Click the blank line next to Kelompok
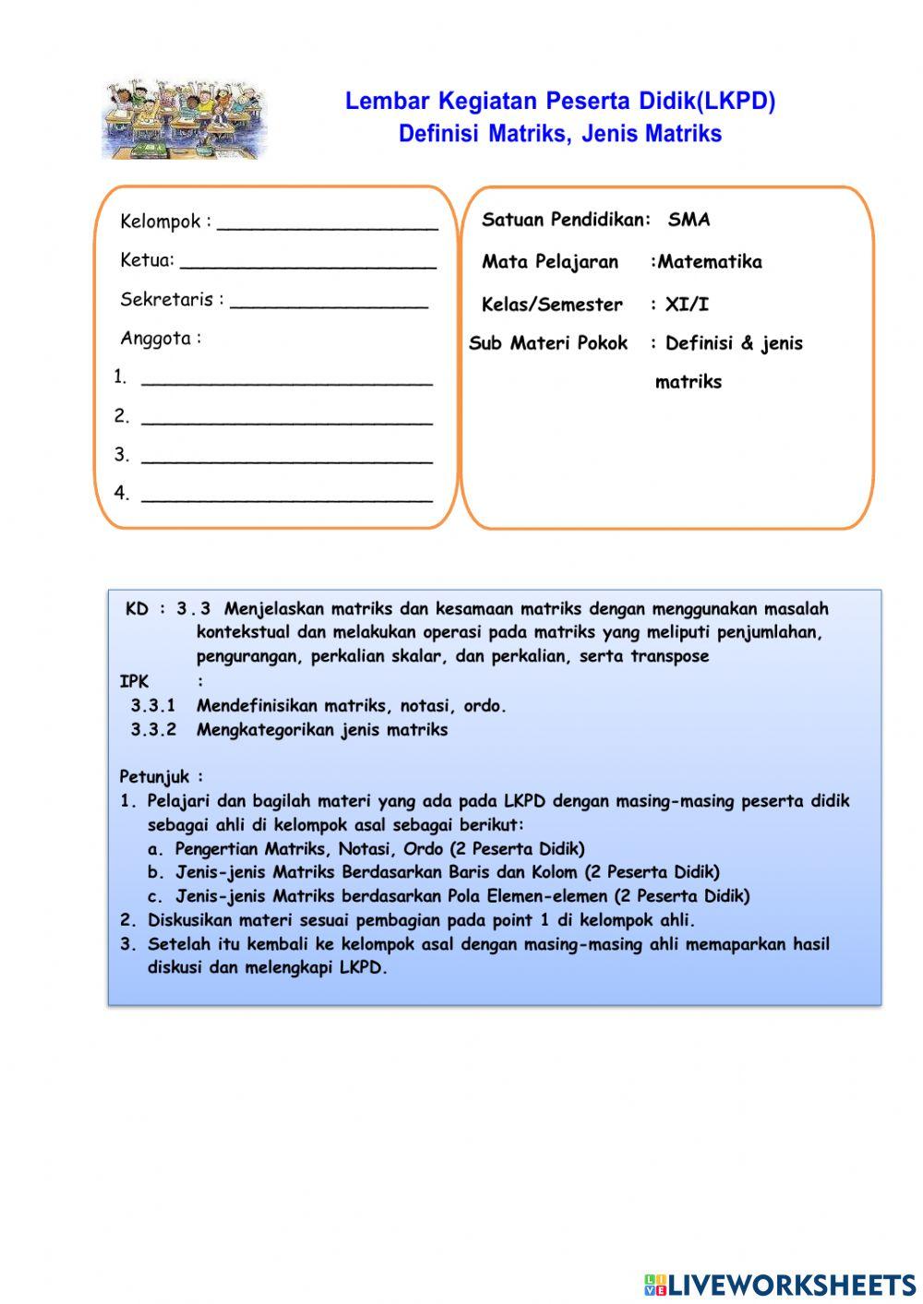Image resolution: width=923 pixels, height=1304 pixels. [327, 224]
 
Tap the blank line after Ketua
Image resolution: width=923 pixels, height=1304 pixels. [307, 263]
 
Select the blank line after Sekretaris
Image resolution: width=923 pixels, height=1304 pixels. [329, 302]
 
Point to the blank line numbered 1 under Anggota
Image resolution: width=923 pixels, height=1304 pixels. [286, 379]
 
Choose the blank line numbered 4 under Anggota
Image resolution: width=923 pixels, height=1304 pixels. [286, 496]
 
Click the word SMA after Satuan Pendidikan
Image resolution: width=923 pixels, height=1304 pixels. [689, 220]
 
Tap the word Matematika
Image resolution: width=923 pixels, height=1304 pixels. [710, 262]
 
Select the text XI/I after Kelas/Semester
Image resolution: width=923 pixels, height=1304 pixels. [687, 305]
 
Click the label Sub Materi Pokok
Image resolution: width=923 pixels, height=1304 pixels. [548, 343]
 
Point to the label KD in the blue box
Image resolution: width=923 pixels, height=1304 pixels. [137, 609]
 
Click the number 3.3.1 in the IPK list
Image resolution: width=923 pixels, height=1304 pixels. [152, 706]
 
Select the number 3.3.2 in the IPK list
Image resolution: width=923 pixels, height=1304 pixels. [152, 730]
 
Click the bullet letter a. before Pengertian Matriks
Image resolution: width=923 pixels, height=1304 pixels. [156, 849]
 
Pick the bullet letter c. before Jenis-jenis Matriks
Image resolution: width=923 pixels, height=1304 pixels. [156, 897]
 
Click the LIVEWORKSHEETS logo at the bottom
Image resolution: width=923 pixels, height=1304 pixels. [780, 1285]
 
